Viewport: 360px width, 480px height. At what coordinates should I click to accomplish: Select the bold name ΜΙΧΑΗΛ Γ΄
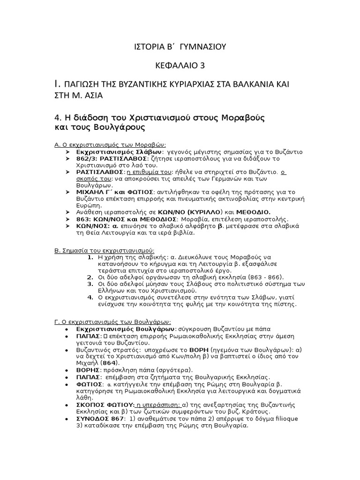pos(95,192)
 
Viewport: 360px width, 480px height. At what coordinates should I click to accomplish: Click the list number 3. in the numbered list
pos(90,284)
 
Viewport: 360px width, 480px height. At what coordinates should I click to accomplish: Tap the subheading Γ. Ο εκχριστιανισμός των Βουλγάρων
pos(113,322)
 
